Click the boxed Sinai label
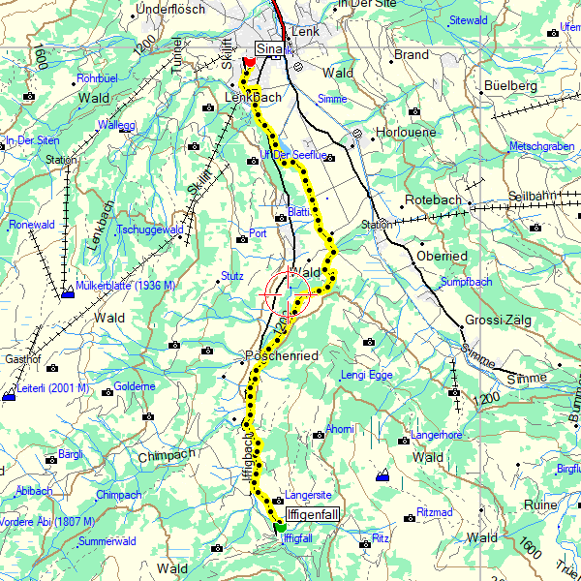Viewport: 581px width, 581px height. [267, 49]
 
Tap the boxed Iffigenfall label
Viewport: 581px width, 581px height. [313, 515]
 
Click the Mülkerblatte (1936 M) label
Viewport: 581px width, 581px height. [125, 286]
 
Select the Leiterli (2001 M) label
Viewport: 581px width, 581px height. [54, 388]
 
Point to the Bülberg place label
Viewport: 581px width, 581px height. [510, 86]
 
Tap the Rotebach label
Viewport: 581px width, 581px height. [433, 199]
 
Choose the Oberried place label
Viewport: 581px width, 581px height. [442, 256]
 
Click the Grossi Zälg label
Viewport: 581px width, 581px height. [497, 321]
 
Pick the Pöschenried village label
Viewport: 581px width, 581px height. [283, 356]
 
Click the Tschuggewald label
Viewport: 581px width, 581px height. [149, 229]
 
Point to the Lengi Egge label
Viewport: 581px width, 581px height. [366, 375]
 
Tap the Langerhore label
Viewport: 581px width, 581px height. [439, 435]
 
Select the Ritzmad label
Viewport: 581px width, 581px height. [434, 510]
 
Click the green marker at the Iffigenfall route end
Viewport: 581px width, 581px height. [279, 528]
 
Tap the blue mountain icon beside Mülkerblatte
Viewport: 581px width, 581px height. [67, 293]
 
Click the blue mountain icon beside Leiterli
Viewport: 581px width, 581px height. [9, 396]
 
